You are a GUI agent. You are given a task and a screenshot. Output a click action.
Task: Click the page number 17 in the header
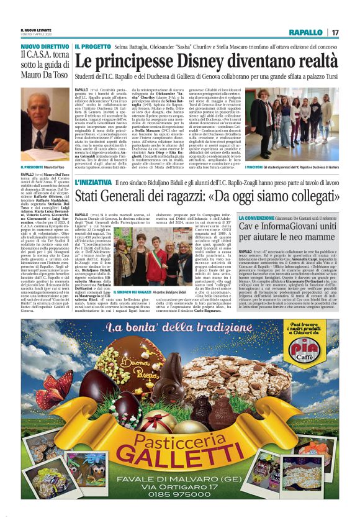coord(335,32)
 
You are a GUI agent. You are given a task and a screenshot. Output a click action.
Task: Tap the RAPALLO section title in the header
coord(306,32)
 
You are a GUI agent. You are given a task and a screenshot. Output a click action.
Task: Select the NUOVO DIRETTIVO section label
coord(45,46)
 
